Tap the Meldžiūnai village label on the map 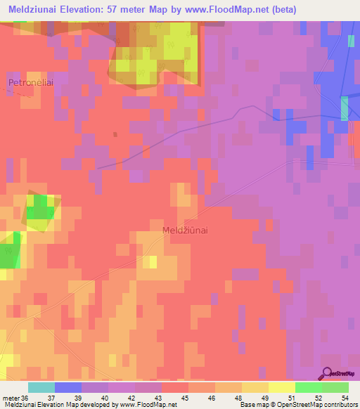[x=185, y=230]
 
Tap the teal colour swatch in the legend [x=41, y=387]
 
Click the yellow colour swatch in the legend [x=281, y=387]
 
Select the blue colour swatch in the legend [x=68, y=387]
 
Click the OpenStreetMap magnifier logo [x=326, y=373]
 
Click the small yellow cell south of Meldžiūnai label [x=152, y=261]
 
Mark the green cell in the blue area [x=345, y=109]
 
